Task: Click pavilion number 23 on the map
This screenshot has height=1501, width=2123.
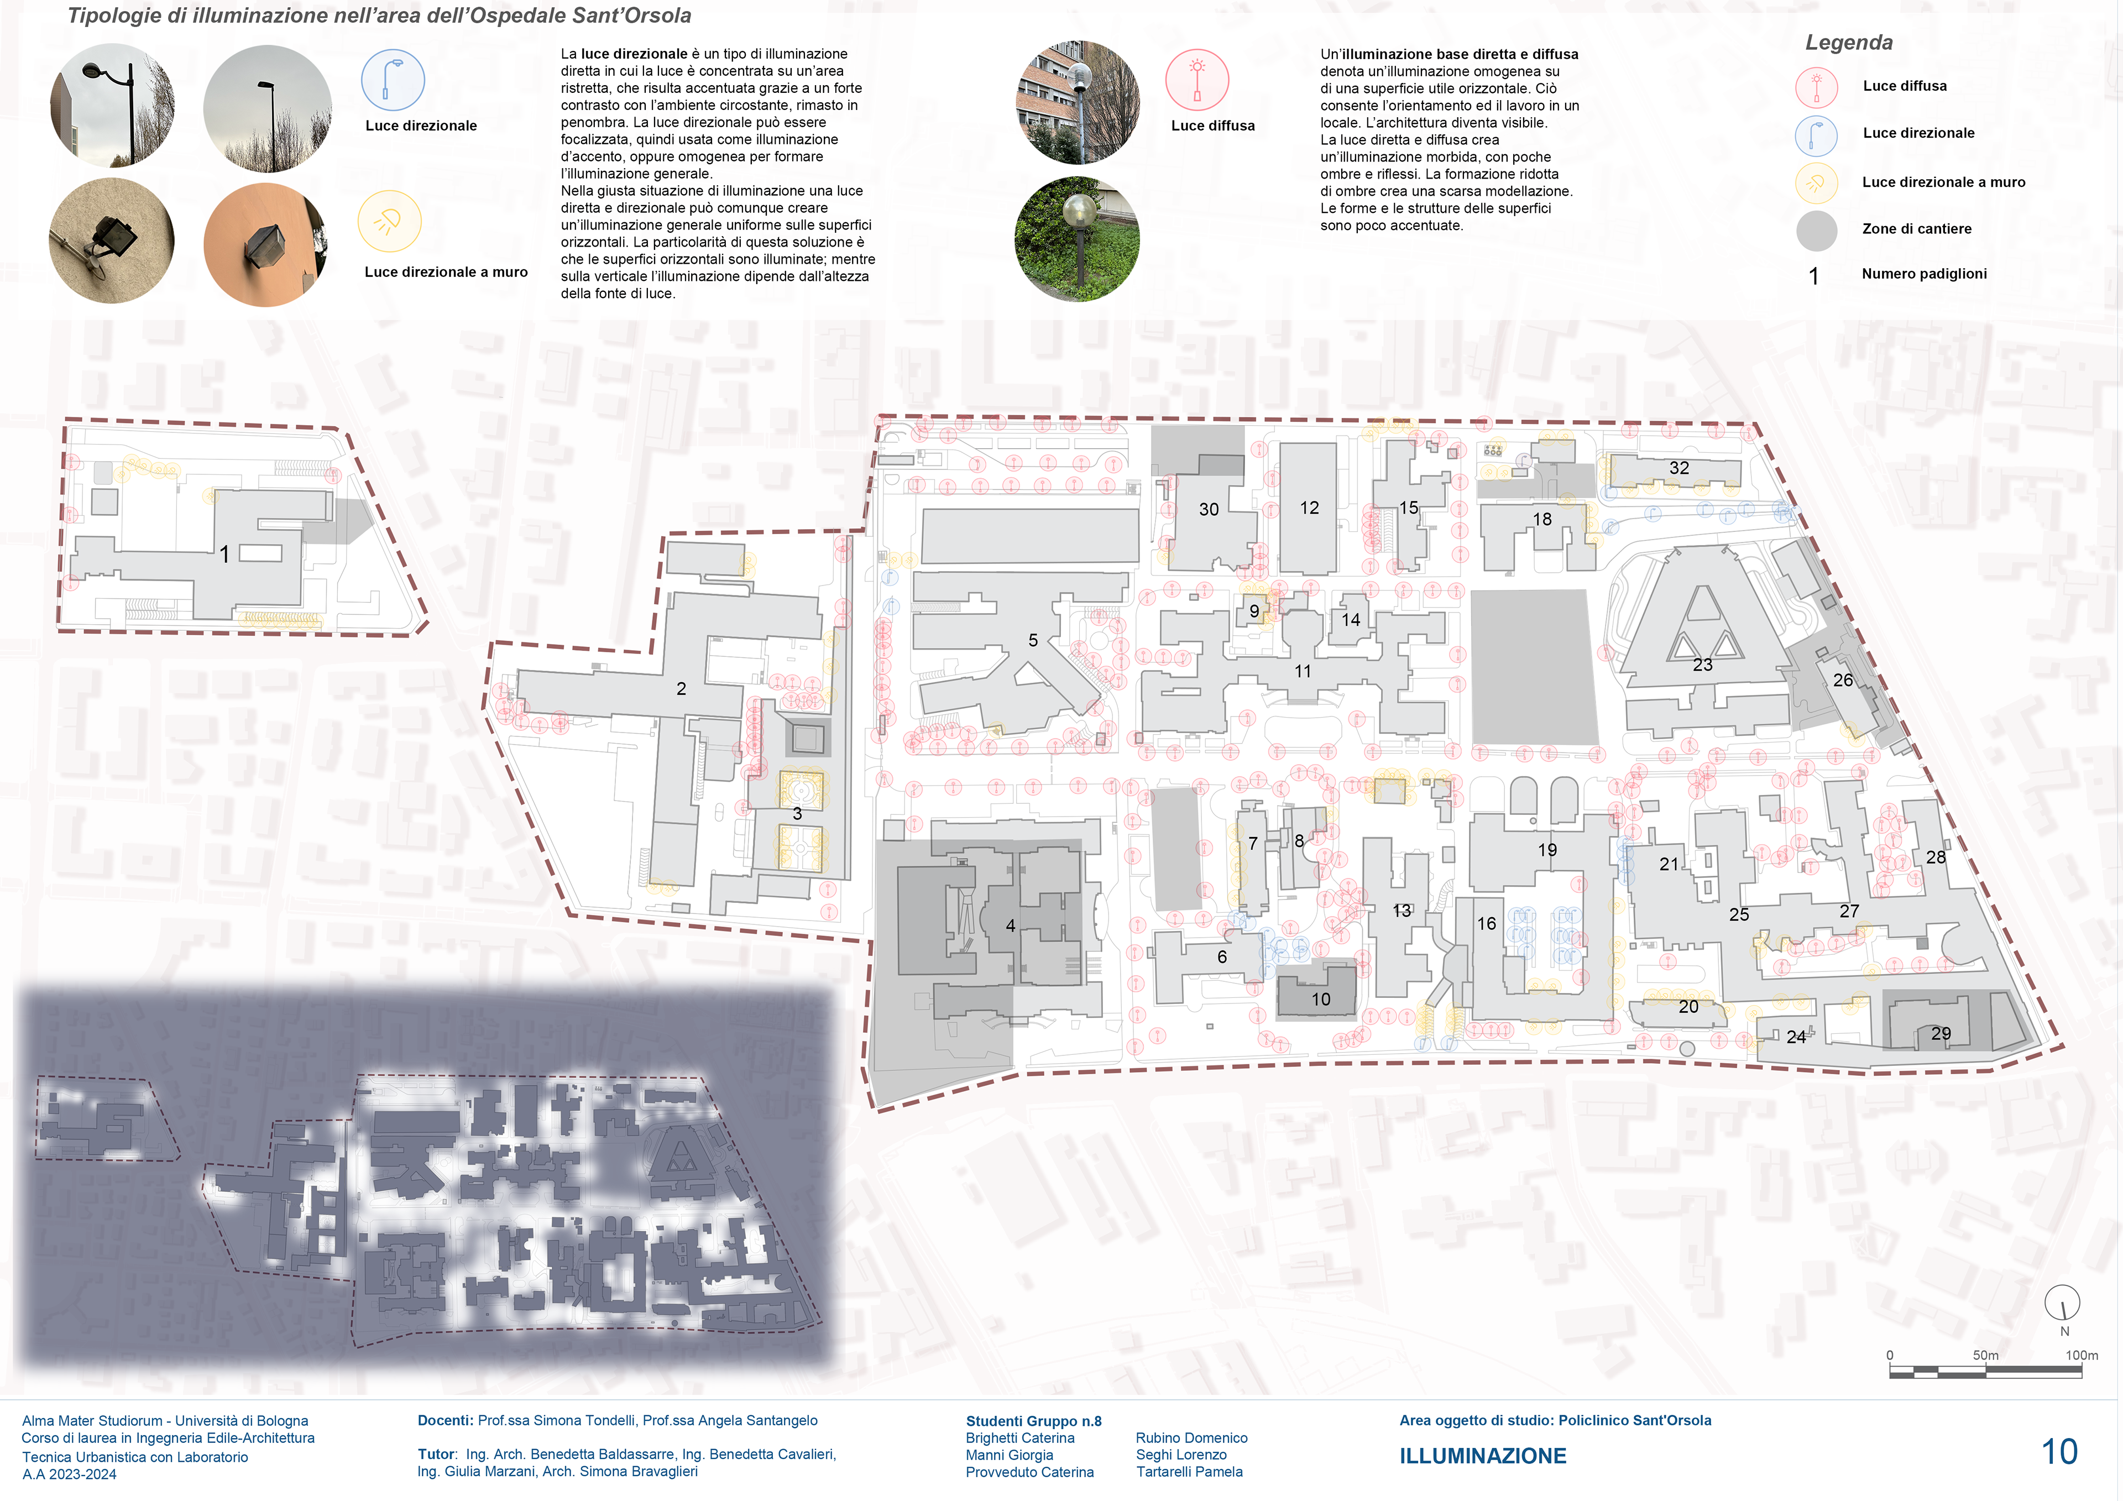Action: [x=1702, y=665]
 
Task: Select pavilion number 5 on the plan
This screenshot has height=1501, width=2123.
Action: [x=1033, y=640]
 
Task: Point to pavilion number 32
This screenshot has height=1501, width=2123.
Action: [x=1679, y=468]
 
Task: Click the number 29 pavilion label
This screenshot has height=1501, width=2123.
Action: [x=1941, y=1033]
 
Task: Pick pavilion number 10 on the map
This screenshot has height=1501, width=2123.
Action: [x=1320, y=999]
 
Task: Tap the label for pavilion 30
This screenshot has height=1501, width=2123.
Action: [x=1209, y=510]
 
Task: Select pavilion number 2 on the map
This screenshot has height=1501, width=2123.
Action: [x=682, y=689]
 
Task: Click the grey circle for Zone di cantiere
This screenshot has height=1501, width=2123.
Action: [x=1816, y=231]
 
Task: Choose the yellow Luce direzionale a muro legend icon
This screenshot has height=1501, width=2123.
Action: [x=1816, y=183]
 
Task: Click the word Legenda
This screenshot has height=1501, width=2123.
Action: [x=1848, y=43]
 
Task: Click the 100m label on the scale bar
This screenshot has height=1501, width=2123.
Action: [x=2082, y=1355]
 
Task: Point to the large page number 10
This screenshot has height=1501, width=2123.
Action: [x=2059, y=1451]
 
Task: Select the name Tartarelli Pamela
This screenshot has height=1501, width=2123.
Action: [x=1189, y=1471]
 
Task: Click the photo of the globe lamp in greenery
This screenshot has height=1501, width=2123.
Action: [x=1077, y=239]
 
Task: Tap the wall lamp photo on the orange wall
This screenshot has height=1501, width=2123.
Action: [x=265, y=245]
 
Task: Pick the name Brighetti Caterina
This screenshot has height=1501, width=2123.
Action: [x=1020, y=1438]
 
